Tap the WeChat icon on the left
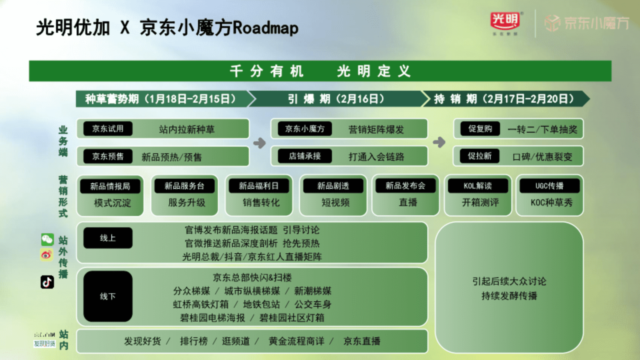click(x=47, y=239)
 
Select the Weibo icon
click(x=47, y=255)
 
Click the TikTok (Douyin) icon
click(x=47, y=282)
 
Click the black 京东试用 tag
click(x=107, y=128)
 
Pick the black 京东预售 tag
click(x=107, y=156)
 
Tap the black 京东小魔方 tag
click(x=304, y=128)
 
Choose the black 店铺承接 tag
click(x=304, y=156)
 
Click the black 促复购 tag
click(x=480, y=128)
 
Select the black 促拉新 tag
click(x=480, y=156)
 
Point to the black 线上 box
click(x=108, y=238)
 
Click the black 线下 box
click(x=108, y=296)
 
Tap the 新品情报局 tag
click(x=110, y=186)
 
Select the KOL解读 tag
click(x=477, y=186)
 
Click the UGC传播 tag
click(x=549, y=186)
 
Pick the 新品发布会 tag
click(x=405, y=186)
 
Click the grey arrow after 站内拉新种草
click(x=259, y=143)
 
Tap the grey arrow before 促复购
click(x=439, y=142)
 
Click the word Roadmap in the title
click(x=265, y=28)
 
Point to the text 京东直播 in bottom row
click(x=361, y=341)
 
